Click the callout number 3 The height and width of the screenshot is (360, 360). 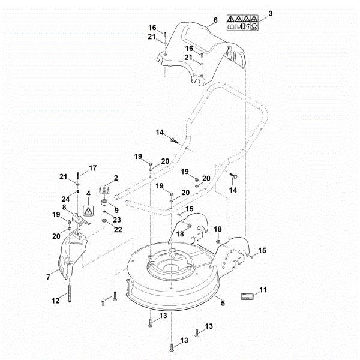(271, 13)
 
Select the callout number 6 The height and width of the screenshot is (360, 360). (215, 20)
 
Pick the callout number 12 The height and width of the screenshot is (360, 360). (56, 300)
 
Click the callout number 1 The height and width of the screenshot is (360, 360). (102, 304)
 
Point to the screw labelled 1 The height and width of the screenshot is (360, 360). (113, 296)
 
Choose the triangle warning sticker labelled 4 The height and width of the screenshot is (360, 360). (88, 212)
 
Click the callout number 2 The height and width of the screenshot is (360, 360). (115, 178)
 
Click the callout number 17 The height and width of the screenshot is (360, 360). (92, 167)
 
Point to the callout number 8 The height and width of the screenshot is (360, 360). (64, 207)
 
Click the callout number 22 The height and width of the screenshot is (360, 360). (118, 229)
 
